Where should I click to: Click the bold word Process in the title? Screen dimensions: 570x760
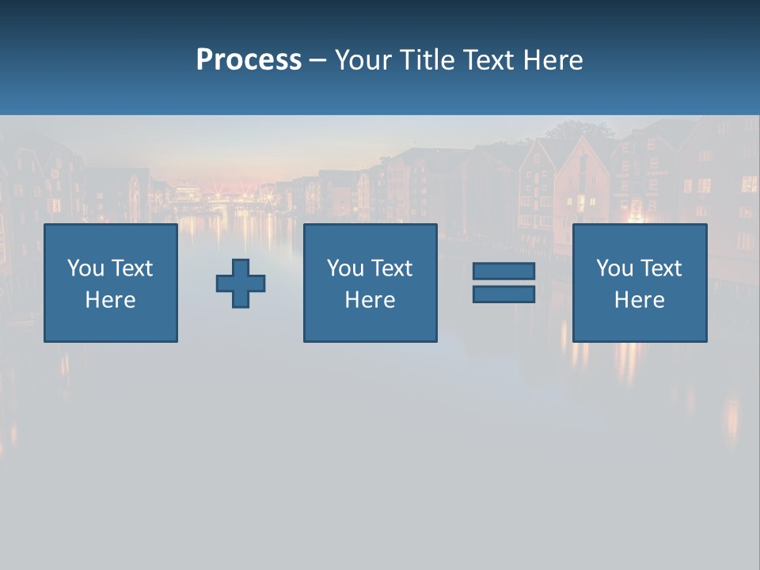click(x=249, y=60)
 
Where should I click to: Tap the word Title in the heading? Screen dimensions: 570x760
click(x=424, y=60)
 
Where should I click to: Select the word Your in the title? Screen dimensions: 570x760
click(x=362, y=60)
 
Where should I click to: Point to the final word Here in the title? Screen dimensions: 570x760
click(x=553, y=60)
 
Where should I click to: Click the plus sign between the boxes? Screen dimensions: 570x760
click(x=241, y=283)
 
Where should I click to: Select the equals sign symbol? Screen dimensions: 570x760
click(x=503, y=283)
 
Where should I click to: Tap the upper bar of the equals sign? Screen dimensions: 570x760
click(x=503, y=272)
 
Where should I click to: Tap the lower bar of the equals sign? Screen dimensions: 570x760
click(x=503, y=294)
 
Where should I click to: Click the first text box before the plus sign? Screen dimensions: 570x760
click(x=111, y=283)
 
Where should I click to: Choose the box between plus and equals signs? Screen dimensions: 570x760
click(x=370, y=283)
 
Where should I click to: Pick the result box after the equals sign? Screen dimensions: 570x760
click(x=639, y=283)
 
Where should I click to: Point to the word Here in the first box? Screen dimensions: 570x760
click(x=111, y=300)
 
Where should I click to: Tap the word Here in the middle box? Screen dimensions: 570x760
click(x=370, y=300)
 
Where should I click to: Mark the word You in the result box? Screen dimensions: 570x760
click(x=615, y=268)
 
